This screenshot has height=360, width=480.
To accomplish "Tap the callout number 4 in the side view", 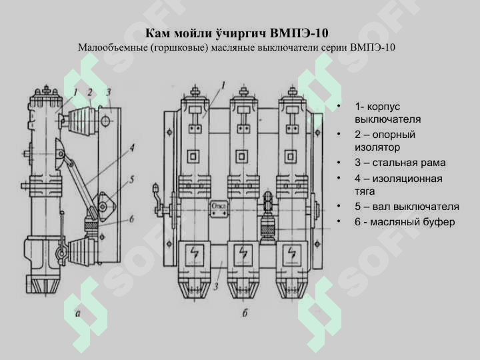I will [x=133, y=147].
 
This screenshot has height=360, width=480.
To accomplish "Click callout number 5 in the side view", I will [x=132, y=179].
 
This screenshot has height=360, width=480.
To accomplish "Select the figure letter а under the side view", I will [x=79, y=313].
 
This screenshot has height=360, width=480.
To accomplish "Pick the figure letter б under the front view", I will [x=245, y=313].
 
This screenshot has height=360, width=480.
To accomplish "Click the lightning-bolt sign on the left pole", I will [x=195, y=254].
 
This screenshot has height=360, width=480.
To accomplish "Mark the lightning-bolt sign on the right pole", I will [x=290, y=254].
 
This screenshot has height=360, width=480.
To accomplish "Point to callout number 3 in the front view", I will [x=217, y=287].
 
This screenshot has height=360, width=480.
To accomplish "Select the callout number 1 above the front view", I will [x=223, y=85].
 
